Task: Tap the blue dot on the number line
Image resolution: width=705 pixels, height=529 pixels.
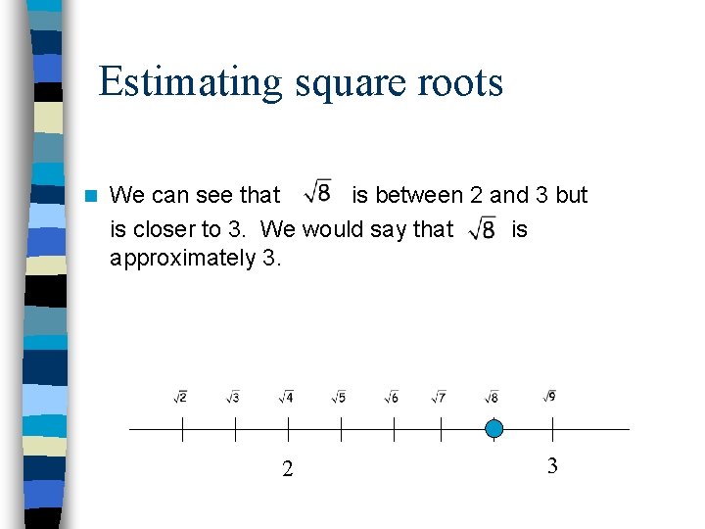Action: (494, 428)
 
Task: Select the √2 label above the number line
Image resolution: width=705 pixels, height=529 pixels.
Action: (181, 397)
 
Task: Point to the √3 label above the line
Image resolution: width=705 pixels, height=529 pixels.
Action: (233, 397)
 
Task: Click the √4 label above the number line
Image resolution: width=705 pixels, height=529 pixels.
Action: (286, 397)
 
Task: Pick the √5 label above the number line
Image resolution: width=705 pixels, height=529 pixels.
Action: (339, 397)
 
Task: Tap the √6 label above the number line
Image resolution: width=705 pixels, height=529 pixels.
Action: (392, 397)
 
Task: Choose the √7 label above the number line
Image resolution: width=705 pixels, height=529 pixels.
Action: (440, 397)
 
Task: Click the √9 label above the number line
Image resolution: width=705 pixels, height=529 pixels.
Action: (550, 396)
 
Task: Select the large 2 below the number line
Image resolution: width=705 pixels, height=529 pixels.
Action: (287, 469)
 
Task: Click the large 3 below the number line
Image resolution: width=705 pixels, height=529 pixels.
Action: (552, 466)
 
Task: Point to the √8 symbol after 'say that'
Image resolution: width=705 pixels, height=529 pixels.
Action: (483, 229)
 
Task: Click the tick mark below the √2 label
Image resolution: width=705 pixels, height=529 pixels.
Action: (182, 429)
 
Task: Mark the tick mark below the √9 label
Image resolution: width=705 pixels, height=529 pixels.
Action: (553, 429)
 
